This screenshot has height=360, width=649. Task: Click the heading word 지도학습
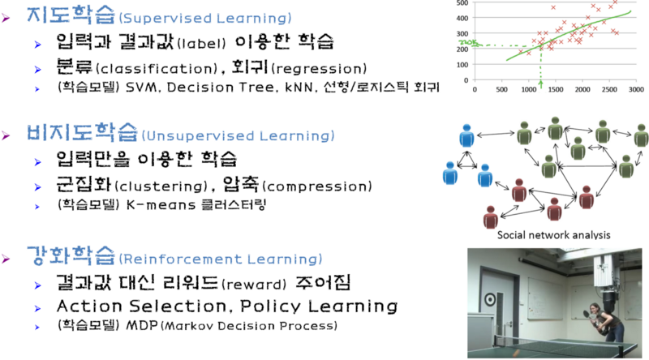pyautogui.click(x=71, y=15)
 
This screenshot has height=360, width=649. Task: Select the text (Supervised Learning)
pyautogui.click(x=205, y=18)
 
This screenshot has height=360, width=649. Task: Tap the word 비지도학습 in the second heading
pyautogui.click(x=82, y=132)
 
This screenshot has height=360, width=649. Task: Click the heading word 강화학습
pyautogui.click(x=71, y=255)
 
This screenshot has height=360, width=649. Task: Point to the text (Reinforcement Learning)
pyautogui.click(x=221, y=259)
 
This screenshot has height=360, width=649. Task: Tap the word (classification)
pyautogui.click(x=157, y=68)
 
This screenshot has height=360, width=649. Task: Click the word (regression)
pyautogui.click(x=319, y=68)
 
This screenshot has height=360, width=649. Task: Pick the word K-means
pyautogui.click(x=161, y=205)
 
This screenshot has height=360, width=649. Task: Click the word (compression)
pyautogui.click(x=317, y=186)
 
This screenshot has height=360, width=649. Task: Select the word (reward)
pyautogui.click(x=254, y=285)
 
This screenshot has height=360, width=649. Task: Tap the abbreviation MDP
pyautogui.click(x=142, y=325)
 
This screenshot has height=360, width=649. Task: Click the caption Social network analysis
pyautogui.click(x=554, y=235)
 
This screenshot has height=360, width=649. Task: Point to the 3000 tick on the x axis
pyautogui.click(x=636, y=89)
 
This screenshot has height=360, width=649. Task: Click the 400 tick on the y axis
pyautogui.click(x=462, y=18)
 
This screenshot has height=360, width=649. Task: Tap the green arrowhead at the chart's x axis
pyautogui.click(x=540, y=84)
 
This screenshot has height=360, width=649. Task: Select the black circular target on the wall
pyautogui.click(x=490, y=300)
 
